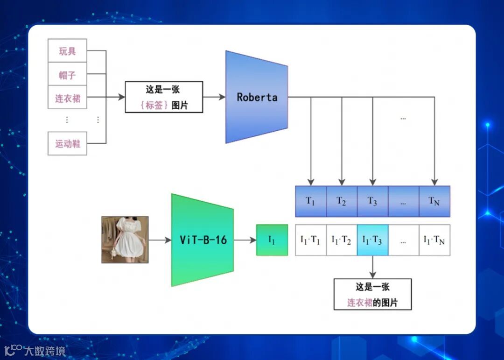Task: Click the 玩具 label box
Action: click(x=67, y=51)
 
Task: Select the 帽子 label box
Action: click(x=67, y=74)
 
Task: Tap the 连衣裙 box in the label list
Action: click(x=67, y=98)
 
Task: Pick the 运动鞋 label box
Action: click(x=67, y=143)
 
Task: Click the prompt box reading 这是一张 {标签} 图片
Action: click(x=164, y=97)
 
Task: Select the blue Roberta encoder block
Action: click(x=257, y=97)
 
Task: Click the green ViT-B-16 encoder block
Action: click(x=203, y=240)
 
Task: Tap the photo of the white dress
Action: click(x=125, y=240)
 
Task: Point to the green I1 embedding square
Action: click(x=272, y=240)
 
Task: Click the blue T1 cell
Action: click(x=311, y=201)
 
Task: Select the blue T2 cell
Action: click(x=342, y=201)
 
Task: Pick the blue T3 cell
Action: click(x=372, y=201)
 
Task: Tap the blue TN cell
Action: click(x=434, y=201)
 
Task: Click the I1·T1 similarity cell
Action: click(x=311, y=240)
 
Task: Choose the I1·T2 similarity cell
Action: click(x=342, y=240)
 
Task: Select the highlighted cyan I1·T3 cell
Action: click(x=372, y=240)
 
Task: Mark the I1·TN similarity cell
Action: click(x=434, y=240)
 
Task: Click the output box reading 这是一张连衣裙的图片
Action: click(x=372, y=294)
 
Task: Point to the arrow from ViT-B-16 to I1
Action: click(x=245, y=240)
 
